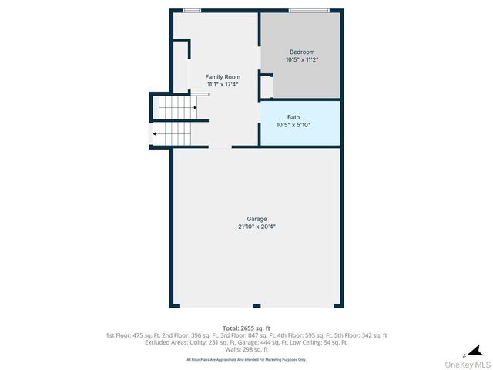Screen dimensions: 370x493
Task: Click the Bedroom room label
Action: tap(302, 52)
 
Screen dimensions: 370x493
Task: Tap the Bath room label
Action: tap(293, 116)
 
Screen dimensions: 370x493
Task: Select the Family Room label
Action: tap(223, 76)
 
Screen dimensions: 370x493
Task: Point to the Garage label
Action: tap(257, 219)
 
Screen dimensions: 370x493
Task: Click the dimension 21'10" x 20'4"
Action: tap(257, 227)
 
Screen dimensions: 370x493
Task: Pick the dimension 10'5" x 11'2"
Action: tap(302, 59)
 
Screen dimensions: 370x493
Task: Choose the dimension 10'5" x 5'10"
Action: tap(293, 124)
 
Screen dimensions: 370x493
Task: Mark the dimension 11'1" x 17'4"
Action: tap(223, 84)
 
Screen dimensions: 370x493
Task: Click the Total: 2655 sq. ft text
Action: tap(246, 328)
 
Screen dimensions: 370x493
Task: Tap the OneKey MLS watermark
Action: tap(470, 364)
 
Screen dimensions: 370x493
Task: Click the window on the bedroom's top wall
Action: tap(308, 10)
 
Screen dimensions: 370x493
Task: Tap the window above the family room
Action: tap(192, 10)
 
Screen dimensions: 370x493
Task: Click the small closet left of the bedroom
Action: tap(267, 86)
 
